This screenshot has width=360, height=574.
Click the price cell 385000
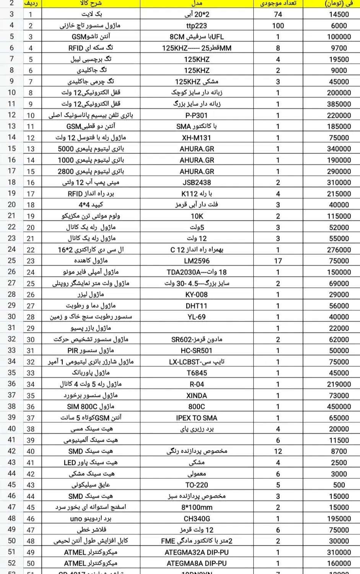point(339,104)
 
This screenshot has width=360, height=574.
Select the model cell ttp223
point(196,26)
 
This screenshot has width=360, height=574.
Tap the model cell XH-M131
point(196,138)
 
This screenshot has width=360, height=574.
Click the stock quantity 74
point(278,15)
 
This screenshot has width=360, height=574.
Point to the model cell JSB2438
point(196,183)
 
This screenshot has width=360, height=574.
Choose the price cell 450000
point(339,407)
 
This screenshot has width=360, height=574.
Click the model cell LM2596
point(196,261)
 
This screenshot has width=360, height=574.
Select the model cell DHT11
point(196,306)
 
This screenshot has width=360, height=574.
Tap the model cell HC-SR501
point(196,351)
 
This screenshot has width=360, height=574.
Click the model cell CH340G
point(196,519)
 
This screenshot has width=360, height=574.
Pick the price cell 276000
point(339,250)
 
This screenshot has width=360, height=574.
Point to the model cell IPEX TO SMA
point(196,418)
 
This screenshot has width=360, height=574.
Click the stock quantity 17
point(278,261)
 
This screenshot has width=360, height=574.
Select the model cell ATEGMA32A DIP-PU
point(196,552)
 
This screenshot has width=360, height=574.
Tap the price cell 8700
point(339,452)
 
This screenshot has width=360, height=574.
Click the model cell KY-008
point(196,295)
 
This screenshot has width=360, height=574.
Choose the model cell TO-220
point(196,485)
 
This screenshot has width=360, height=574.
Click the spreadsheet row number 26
point(12,272)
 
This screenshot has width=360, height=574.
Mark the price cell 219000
point(339,384)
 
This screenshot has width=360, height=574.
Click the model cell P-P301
point(196,115)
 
